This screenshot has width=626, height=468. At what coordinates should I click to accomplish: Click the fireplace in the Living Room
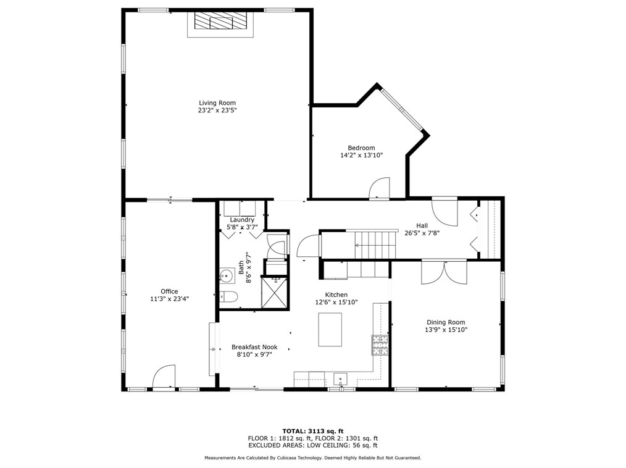220,23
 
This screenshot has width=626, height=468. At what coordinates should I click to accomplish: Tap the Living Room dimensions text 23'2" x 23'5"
217,111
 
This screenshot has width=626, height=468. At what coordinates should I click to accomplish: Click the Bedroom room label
361,148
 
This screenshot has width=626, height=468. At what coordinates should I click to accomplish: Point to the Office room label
169,291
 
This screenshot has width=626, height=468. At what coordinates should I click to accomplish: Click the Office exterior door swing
164,377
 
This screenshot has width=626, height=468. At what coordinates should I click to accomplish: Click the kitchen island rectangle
330,330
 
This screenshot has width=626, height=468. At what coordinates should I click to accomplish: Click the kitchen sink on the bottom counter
341,378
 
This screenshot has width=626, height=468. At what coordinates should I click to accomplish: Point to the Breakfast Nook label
254,347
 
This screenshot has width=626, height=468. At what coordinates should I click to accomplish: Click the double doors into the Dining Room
444,272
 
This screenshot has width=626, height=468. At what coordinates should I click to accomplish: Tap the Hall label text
422,225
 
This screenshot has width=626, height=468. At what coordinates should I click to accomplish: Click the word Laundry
242,220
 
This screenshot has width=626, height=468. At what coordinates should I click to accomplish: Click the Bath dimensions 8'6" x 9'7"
249,267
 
